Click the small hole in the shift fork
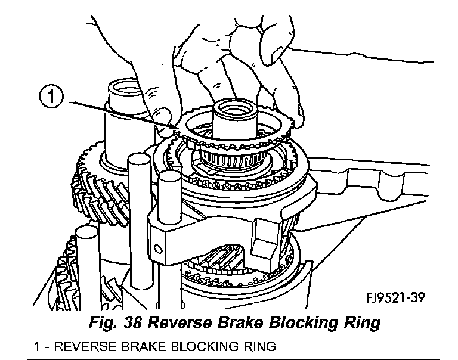158,246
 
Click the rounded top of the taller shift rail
138,160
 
